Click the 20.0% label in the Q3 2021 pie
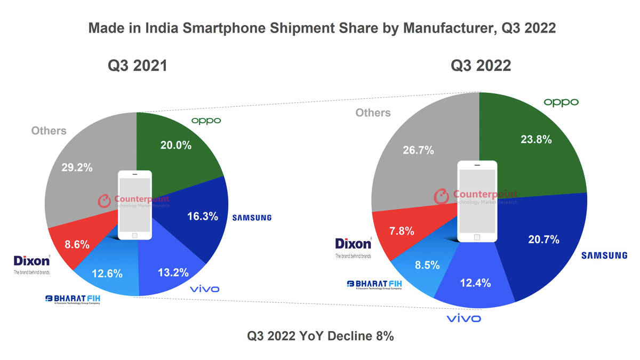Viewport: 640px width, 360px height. coord(175,145)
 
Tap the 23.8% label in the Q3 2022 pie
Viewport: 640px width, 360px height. coord(536,140)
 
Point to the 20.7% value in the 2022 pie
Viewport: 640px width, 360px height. coord(543,240)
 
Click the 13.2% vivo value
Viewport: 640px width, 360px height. coord(173,273)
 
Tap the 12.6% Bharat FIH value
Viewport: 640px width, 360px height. coord(107,274)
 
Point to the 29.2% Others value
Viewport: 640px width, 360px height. coord(76,167)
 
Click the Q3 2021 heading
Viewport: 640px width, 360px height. coord(138,66)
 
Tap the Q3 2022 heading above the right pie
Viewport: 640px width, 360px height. coord(481,66)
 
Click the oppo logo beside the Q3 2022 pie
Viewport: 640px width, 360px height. coord(561,102)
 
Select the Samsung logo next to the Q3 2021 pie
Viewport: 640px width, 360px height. coord(252,218)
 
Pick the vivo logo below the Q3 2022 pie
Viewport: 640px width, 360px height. coord(463,318)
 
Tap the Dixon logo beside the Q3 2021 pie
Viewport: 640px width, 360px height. coord(32,263)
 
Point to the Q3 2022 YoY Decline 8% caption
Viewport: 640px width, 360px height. coord(320,337)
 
